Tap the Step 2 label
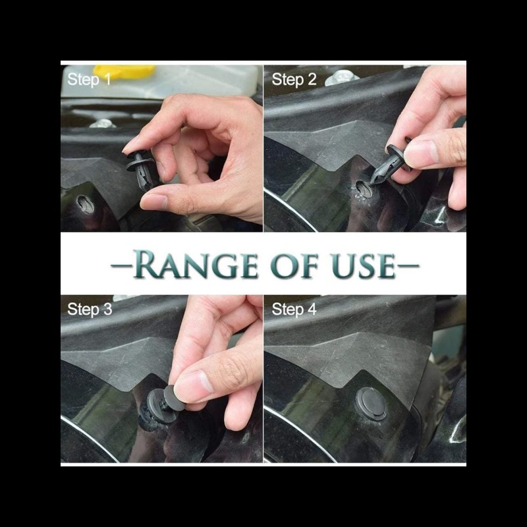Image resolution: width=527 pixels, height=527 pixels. (x=294, y=80)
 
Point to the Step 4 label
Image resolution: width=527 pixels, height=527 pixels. (x=294, y=309)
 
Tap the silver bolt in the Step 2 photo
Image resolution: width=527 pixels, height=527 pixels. (x=341, y=78)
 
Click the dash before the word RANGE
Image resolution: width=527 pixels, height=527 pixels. (x=121, y=265)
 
